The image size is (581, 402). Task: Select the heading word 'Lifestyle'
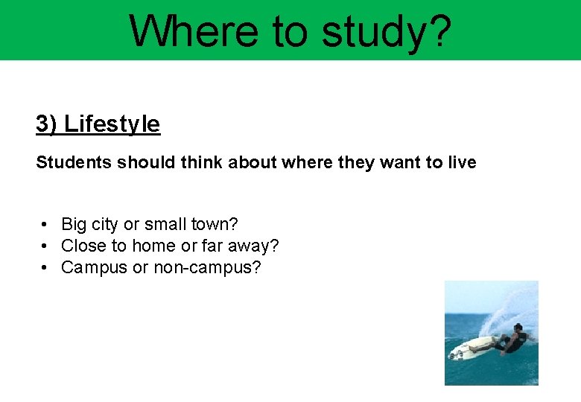[x=112, y=124]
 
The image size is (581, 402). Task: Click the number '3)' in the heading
[x=47, y=124]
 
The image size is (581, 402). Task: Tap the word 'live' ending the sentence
[x=461, y=162]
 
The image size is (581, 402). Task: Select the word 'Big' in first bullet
[x=74, y=224]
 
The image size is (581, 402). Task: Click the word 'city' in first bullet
[x=106, y=224]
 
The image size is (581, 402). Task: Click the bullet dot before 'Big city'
[x=45, y=224]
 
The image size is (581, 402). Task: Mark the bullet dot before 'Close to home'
[x=45, y=246]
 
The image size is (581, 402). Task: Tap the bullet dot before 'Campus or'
[x=45, y=267]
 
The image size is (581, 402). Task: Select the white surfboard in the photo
[x=477, y=346]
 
